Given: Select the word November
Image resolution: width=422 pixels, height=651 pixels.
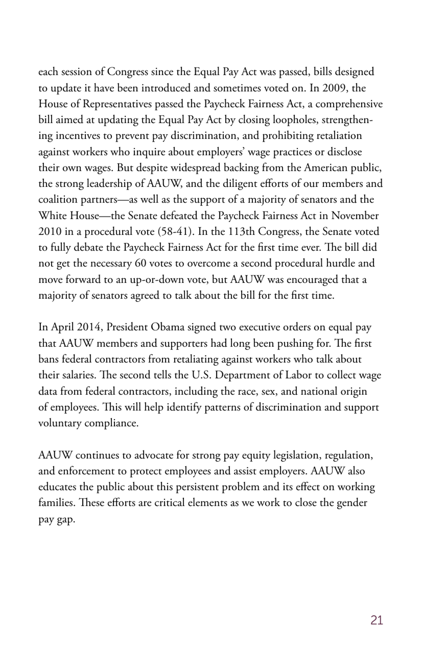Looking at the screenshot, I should (x=355, y=216).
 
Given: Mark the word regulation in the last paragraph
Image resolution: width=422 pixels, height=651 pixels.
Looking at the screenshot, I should (x=349, y=455).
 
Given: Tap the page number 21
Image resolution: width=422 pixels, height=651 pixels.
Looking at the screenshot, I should (x=376, y=620).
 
